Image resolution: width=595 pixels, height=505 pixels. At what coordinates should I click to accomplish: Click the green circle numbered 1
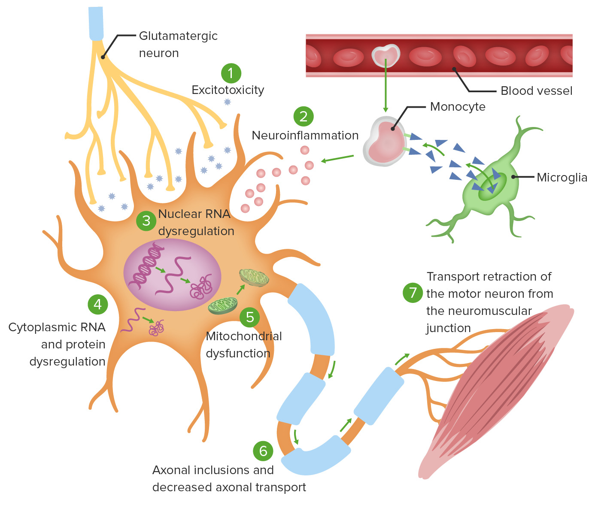point(231,73)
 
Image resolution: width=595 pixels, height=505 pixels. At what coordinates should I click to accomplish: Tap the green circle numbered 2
point(304,116)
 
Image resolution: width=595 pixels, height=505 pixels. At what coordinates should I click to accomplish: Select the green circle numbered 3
point(146,221)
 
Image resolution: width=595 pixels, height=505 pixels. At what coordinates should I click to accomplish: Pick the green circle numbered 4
point(98,304)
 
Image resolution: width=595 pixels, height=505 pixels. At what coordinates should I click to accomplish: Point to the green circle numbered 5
point(250,318)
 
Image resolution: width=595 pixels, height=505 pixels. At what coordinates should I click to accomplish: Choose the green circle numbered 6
point(263,451)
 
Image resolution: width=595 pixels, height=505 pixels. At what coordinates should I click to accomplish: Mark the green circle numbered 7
point(413,293)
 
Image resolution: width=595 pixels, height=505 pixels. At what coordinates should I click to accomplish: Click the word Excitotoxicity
point(228,90)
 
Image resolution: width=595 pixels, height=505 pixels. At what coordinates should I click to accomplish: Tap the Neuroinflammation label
point(305,136)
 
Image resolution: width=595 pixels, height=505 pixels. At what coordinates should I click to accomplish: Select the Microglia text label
point(562,178)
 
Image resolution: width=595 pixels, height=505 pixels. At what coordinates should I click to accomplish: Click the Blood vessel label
point(536,91)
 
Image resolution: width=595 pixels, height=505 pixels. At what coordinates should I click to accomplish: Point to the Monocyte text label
point(458,107)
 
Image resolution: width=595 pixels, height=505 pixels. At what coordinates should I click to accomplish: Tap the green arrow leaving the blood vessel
point(386,86)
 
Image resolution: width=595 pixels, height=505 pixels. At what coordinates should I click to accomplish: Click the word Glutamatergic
point(178,36)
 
